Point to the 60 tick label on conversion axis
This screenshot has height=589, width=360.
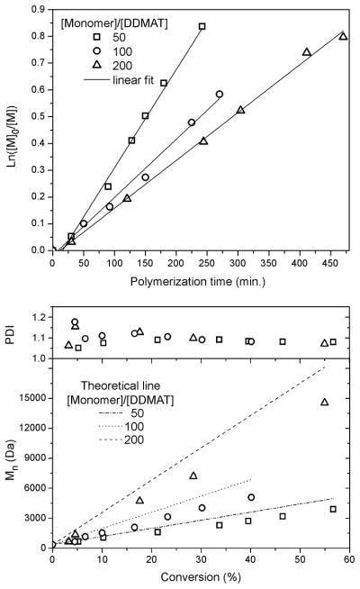pos(348,560)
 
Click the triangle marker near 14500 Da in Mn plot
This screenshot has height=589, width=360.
pos(325,402)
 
